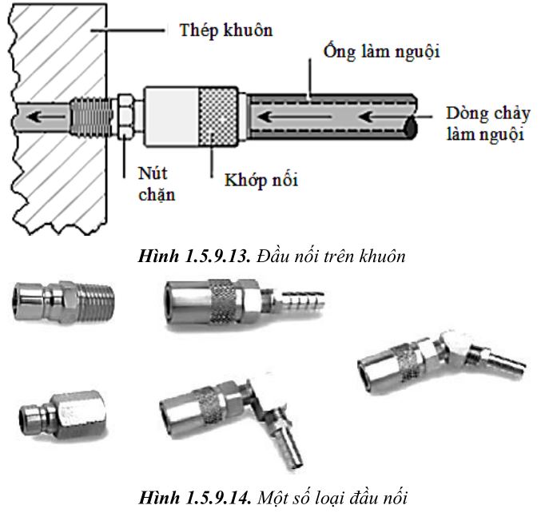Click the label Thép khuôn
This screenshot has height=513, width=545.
tap(226, 30)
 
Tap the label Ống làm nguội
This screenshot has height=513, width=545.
tap(382, 51)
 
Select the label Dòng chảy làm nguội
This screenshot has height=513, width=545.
tap(488, 124)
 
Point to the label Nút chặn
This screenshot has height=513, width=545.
tap(157, 185)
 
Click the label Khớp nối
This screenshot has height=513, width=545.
tap(261, 180)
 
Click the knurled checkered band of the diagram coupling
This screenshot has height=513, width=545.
tap(218, 117)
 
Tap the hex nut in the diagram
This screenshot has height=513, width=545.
tap(125, 116)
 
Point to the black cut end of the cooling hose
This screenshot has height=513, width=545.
tap(412, 127)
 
